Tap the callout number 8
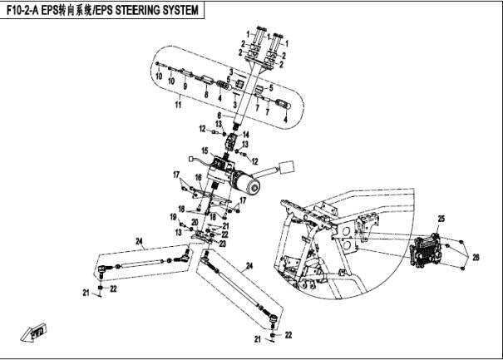coord(206,97)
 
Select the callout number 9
coord(185,86)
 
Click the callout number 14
coord(246,135)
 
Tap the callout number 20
coord(194,222)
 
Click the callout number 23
coord(223,244)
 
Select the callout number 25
coord(442,218)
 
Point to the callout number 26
coord(476,256)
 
